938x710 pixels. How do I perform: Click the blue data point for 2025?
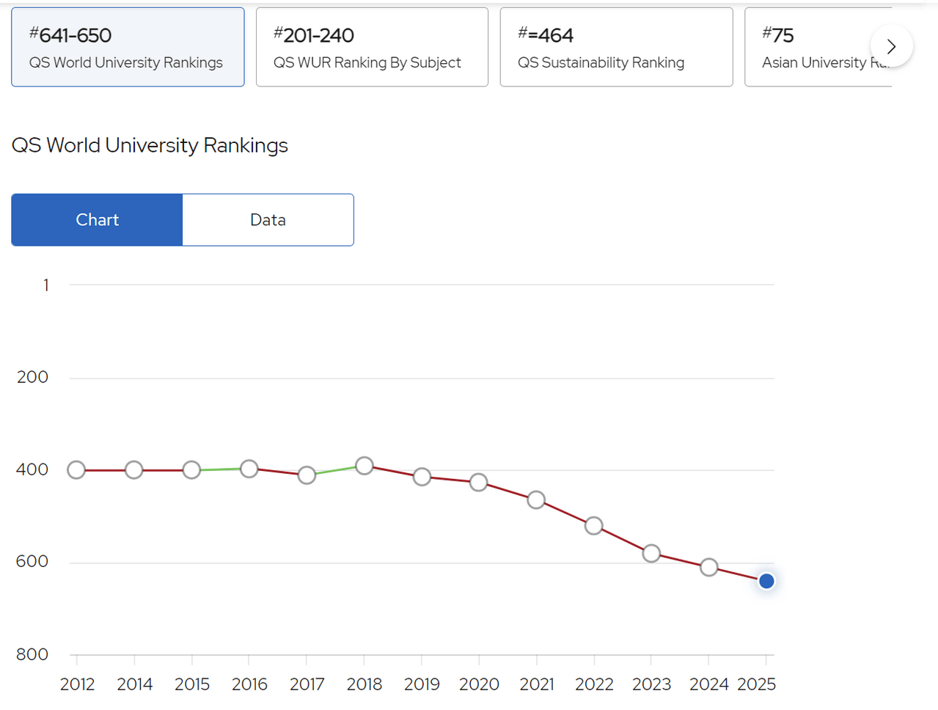click(766, 581)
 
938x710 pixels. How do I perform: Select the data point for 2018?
click(364, 466)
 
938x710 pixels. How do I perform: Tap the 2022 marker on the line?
click(594, 526)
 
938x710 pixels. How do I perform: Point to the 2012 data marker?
click(76, 470)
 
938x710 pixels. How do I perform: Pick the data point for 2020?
click(479, 483)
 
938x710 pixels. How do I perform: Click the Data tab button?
click(268, 220)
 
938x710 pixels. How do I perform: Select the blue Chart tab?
click(97, 220)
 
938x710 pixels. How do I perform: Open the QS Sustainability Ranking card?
click(616, 48)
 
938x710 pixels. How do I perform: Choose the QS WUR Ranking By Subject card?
click(372, 48)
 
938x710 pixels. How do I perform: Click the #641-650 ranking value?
click(70, 35)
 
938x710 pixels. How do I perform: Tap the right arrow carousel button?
click(891, 46)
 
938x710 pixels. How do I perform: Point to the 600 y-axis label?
click(32, 562)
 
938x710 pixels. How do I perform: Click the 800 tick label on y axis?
click(32, 654)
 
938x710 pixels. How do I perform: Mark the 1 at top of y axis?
click(46, 285)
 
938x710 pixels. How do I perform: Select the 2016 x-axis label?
click(249, 684)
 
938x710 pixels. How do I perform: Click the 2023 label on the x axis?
click(651, 684)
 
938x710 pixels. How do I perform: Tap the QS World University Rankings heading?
click(150, 145)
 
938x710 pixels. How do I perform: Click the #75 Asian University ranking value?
click(778, 35)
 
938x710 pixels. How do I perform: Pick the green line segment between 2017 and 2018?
click(336, 470)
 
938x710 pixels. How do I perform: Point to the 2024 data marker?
click(709, 567)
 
